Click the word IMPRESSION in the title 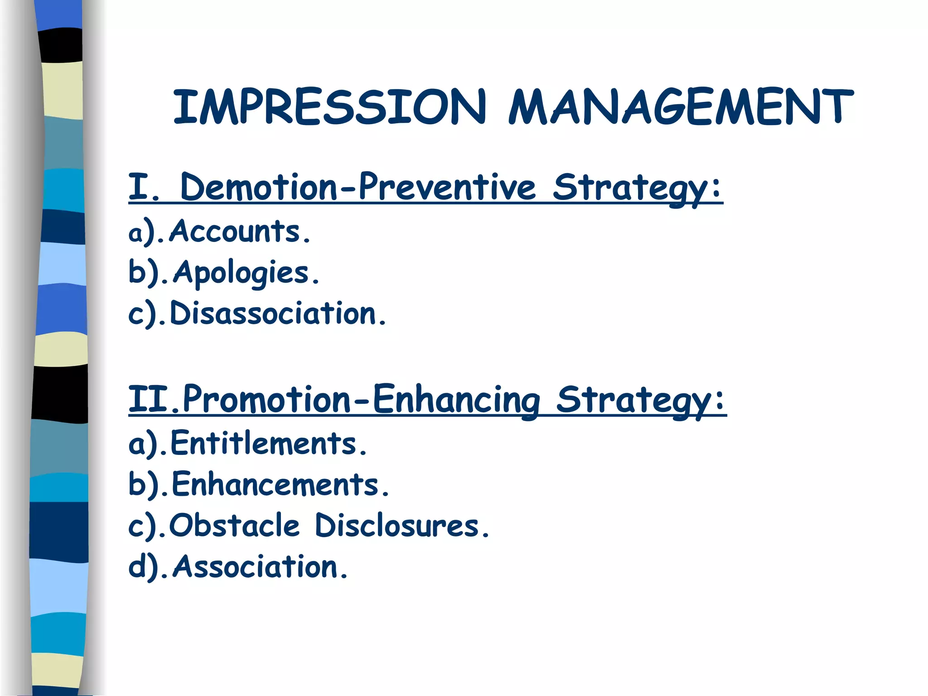330,107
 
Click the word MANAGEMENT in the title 680,107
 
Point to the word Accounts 240,232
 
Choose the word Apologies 246,273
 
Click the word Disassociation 278,314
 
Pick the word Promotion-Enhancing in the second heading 361,399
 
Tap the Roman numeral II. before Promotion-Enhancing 154,399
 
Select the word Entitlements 268,443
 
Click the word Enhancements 280,484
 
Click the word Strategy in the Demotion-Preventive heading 637,188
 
